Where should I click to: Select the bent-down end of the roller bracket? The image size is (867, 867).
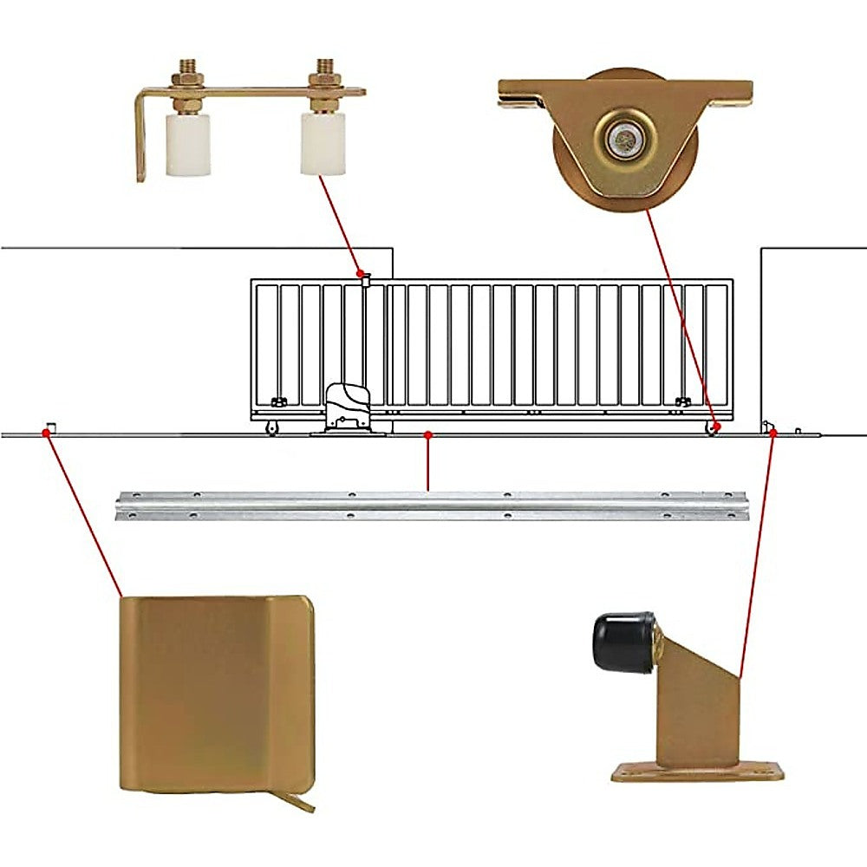(141, 139)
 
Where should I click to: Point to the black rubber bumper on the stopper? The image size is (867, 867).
(623, 642)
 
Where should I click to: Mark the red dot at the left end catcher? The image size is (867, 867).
(47, 431)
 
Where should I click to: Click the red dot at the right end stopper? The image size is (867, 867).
(773, 431)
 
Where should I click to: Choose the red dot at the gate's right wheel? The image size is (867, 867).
(716, 427)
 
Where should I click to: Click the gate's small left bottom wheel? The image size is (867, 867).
(271, 428)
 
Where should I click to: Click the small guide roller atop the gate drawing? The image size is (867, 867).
(366, 278)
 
